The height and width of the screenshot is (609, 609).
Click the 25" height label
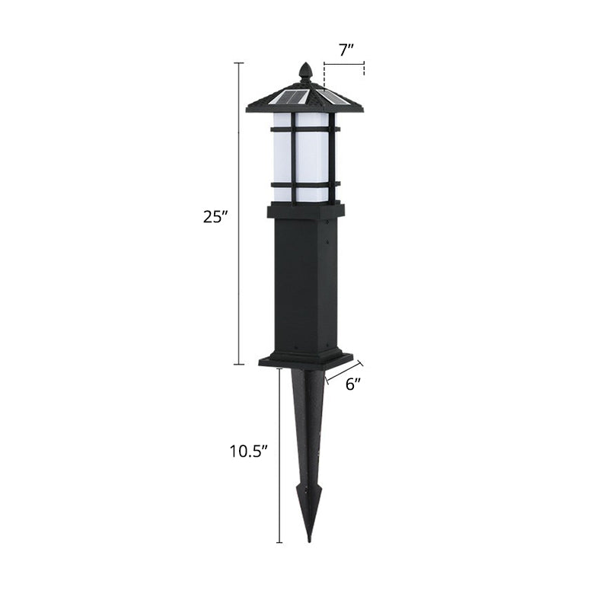point(215,216)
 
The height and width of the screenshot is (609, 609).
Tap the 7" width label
point(346,51)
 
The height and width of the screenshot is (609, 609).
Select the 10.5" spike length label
point(250,451)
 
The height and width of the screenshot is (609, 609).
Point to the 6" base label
point(352,384)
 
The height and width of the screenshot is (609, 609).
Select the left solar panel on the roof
point(291,97)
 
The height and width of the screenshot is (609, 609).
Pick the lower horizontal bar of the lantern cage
point(304,183)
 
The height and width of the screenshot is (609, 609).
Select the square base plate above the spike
point(305,359)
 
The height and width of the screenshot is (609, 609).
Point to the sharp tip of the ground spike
point(309,539)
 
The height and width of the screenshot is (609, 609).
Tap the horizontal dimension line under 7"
point(344,65)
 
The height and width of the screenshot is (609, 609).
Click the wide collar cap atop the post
point(305,210)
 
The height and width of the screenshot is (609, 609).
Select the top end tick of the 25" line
point(240,62)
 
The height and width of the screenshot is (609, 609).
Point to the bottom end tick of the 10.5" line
point(279,542)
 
